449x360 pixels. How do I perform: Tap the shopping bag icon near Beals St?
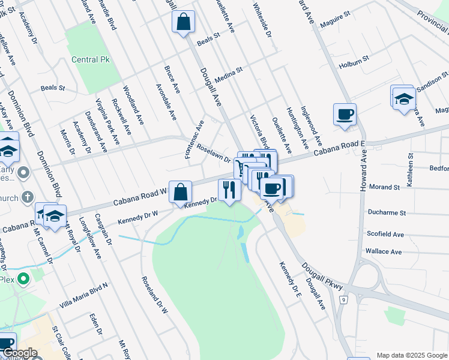point(184,22)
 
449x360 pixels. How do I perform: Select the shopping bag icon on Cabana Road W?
point(180,192)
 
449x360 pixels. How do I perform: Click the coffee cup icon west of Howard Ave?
point(345,114)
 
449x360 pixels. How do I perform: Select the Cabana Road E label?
point(339,148)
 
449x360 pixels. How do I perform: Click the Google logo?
point(20,353)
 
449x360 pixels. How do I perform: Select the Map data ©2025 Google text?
point(411,355)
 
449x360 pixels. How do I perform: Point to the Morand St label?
point(385,187)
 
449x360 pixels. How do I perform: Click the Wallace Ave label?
point(384,251)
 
